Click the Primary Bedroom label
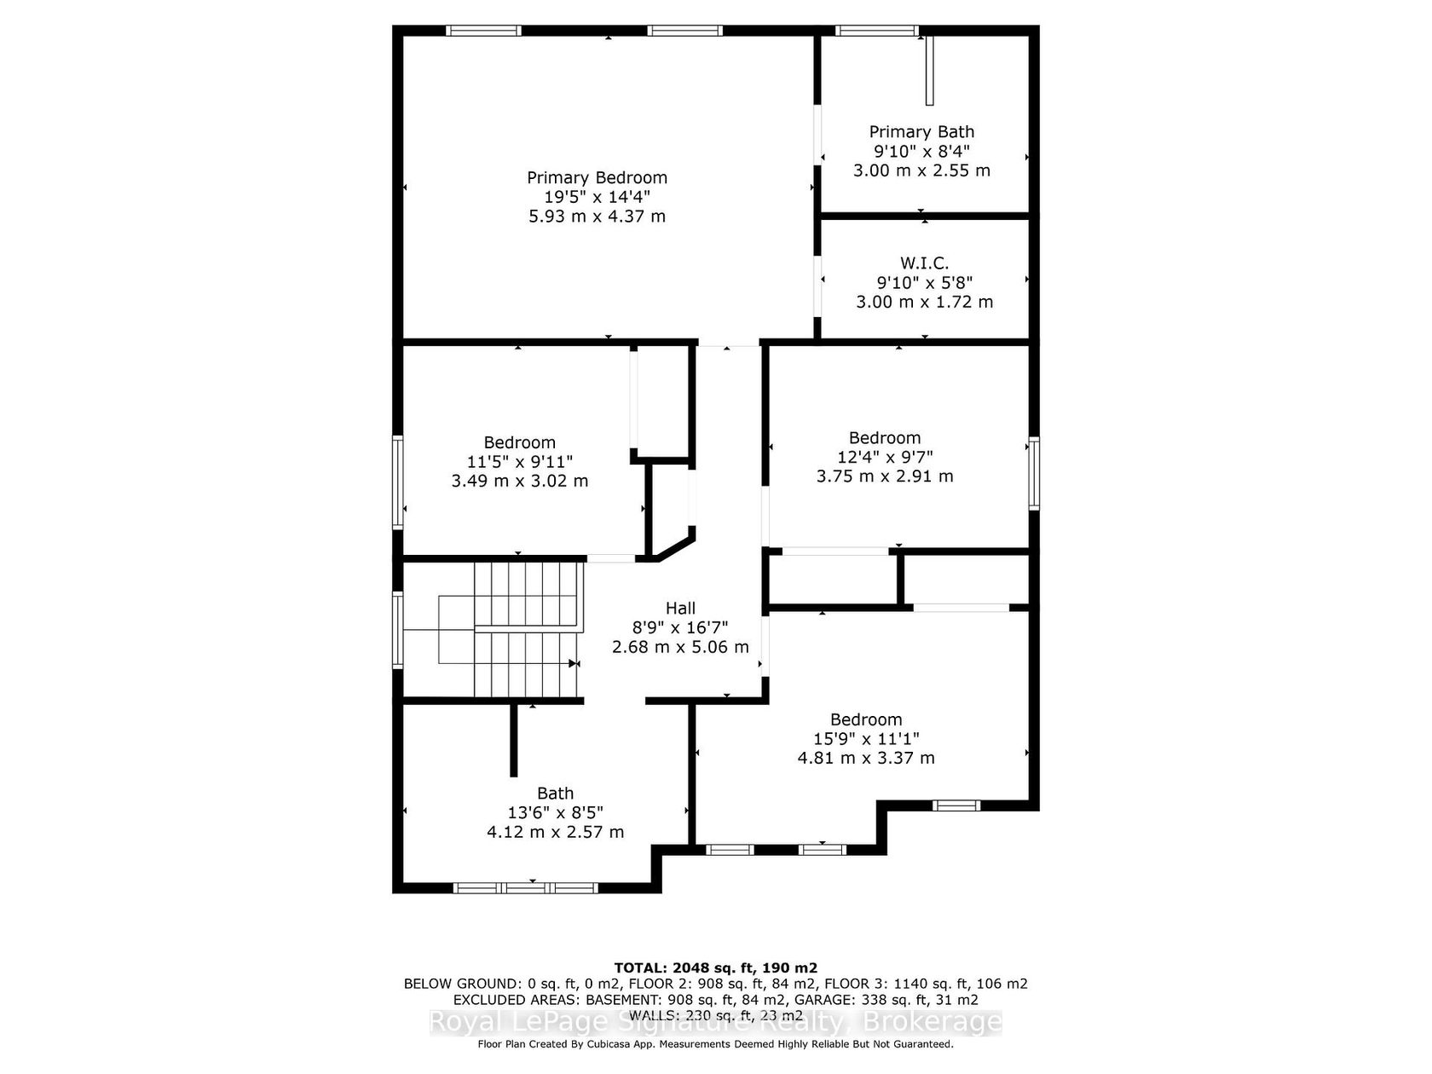tap(597, 177)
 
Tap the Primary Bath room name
tap(921, 132)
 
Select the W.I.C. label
tap(924, 263)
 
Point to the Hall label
tap(680, 608)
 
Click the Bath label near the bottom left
tap(555, 793)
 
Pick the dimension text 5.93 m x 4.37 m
tap(597, 216)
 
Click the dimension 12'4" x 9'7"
tap(885, 457)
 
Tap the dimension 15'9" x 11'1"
tap(866, 738)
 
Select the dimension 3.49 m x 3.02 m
tap(519, 481)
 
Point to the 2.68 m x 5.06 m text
tap(680, 647)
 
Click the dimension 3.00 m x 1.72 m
tap(924, 302)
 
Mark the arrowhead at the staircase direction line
tap(575, 664)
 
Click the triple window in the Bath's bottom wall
tap(525, 887)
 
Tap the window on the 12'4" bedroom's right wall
tap(1033, 473)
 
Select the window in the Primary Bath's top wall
tap(877, 30)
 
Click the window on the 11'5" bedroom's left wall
tap(397, 482)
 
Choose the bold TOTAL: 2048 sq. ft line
tap(716, 967)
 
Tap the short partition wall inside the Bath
tap(513, 740)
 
